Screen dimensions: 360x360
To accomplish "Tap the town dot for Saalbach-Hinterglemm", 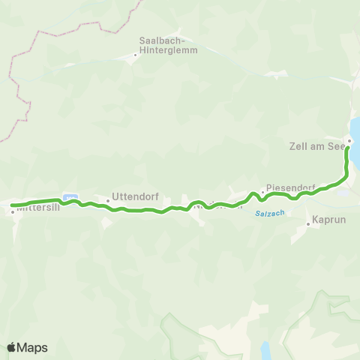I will pyautogui.click(x=136, y=54).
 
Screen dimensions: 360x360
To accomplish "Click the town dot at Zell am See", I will pyautogui.click(x=349, y=140).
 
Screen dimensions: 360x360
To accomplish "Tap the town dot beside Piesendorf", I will pyautogui.click(x=262, y=192).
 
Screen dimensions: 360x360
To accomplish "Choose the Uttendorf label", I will pyautogui.click(x=132, y=197).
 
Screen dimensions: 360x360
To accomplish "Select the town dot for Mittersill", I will pyautogui.click(x=13, y=211).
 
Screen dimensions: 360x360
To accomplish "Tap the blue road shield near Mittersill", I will pyautogui.click(x=71, y=197).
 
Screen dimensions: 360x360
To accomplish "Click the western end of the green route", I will pyautogui.click(x=12, y=205).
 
